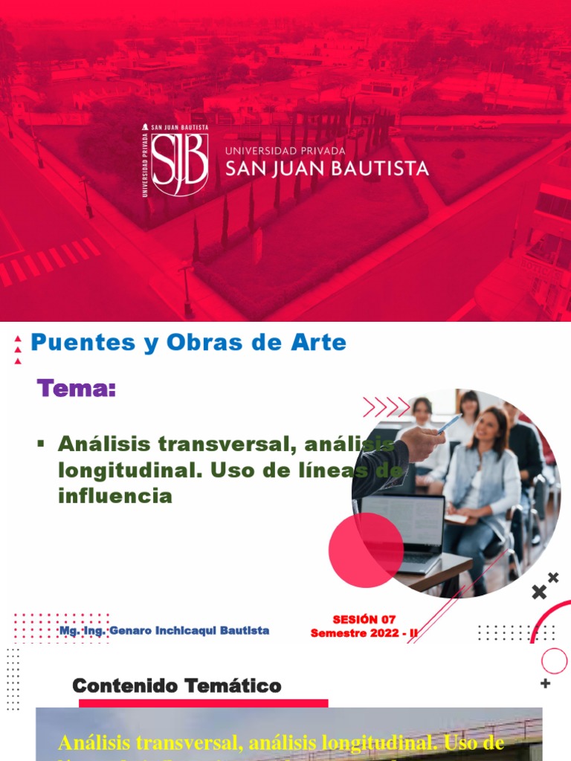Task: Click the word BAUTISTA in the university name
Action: click(377, 169)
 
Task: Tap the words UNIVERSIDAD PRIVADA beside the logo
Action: click(285, 151)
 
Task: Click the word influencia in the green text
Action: click(114, 496)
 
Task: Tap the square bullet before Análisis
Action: click(41, 444)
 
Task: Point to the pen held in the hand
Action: click(448, 424)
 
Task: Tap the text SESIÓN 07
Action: click(364, 619)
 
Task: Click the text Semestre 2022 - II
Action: click(364, 632)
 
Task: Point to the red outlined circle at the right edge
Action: click(554, 661)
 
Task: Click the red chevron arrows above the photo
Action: click(387, 407)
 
